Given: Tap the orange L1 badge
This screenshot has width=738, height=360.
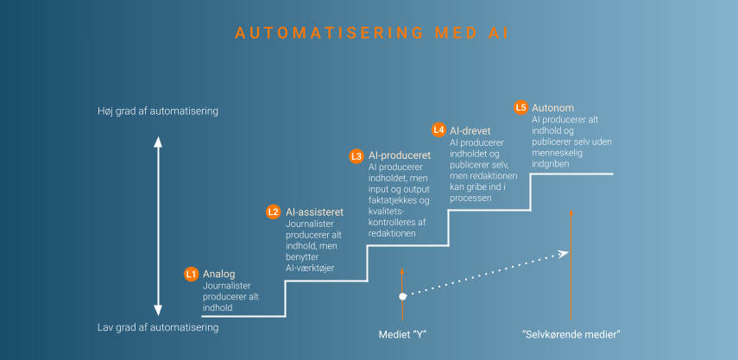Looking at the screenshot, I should [x=192, y=274].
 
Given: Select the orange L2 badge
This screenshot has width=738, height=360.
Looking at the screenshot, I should [x=273, y=212].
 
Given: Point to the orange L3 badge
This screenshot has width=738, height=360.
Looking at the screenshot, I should [x=356, y=156].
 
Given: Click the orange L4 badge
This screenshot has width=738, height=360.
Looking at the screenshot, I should [x=438, y=129].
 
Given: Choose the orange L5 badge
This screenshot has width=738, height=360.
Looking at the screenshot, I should [x=520, y=108].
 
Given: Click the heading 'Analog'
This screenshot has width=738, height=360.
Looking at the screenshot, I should [x=218, y=274].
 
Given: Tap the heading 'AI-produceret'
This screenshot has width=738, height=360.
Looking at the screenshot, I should [x=399, y=155].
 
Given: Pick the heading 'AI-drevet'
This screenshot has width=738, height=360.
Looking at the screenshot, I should [x=471, y=129].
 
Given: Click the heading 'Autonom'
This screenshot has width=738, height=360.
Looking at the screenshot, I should [x=550, y=108].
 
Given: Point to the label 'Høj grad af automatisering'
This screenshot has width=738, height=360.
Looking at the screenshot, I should [x=158, y=111].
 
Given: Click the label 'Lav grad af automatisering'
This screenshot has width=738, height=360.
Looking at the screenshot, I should [x=158, y=327].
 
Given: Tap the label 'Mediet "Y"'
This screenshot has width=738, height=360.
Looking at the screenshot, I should [x=403, y=334].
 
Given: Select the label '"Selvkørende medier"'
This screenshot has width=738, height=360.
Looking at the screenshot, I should [x=571, y=334].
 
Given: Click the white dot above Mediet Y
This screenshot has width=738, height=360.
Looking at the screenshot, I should [x=402, y=296].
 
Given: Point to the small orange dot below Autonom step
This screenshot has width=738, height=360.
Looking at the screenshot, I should [x=571, y=212].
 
